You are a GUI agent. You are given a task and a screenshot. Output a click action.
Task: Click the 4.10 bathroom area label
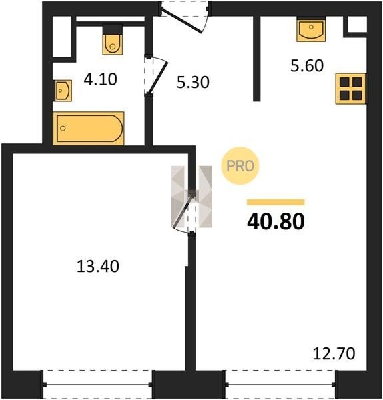[101, 79]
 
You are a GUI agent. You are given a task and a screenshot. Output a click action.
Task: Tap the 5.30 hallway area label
[193, 82]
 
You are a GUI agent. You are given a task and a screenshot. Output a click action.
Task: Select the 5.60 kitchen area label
[307, 65]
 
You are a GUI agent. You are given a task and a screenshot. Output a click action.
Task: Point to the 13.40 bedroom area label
[98, 266]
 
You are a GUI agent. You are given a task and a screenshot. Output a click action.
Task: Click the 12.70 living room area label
[334, 354]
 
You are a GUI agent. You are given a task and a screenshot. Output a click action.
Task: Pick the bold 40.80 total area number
[276, 221]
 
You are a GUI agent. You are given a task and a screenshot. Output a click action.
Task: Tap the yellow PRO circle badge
[240, 166]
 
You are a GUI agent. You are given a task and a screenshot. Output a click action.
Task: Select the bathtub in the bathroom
[89, 128]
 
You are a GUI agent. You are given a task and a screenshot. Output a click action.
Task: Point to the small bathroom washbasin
[62, 91]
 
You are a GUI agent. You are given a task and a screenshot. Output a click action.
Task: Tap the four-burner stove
[350, 89]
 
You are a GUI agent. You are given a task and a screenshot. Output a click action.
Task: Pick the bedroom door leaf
[183, 211]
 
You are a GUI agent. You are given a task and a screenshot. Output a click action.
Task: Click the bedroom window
[98, 384]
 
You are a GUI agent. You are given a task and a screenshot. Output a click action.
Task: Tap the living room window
[280, 384]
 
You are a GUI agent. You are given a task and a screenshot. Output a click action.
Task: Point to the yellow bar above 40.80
[276, 202]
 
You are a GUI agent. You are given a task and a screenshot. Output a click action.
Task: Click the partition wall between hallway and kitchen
[257, 59]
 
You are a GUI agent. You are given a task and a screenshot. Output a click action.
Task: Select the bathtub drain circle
[63, 128]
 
